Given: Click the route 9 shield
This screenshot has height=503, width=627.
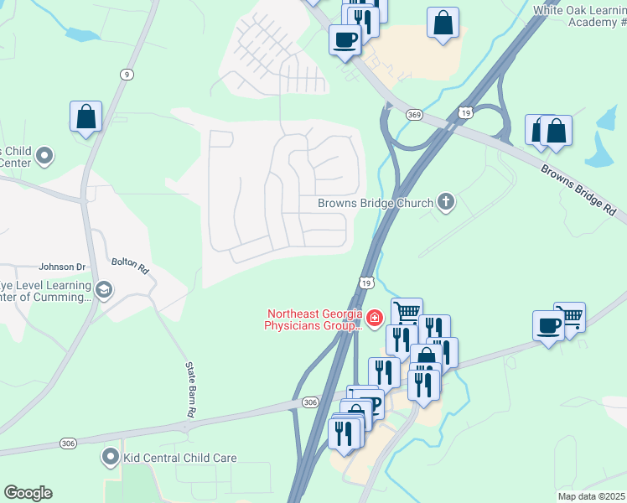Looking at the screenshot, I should tap(127, 75).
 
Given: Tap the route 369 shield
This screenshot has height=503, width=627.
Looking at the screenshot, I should tap(413, 114).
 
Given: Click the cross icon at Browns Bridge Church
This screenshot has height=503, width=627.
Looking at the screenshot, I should tap(446, 201).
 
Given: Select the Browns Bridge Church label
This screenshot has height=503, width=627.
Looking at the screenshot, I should tap(375, 203).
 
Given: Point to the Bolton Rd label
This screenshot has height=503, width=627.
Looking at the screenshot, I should tap(130, 267).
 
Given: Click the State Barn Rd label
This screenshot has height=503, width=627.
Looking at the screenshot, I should tap(190, 390).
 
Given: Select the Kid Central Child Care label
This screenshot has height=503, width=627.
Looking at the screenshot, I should tap(180, 458).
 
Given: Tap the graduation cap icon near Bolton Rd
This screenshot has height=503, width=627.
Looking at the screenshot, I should tap(104, 290).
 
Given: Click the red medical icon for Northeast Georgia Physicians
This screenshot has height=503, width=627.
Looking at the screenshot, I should tap(373, 319).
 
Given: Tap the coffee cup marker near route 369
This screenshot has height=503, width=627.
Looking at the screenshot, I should tap(344, 39).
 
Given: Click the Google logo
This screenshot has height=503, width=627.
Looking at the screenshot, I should tap(28, 493).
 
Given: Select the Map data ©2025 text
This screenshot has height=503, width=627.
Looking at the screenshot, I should tap(591, 496).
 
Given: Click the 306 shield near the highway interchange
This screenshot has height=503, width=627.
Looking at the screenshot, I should tap(310, 403).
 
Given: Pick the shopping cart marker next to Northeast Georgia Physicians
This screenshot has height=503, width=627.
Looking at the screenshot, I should tap(407, 314).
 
